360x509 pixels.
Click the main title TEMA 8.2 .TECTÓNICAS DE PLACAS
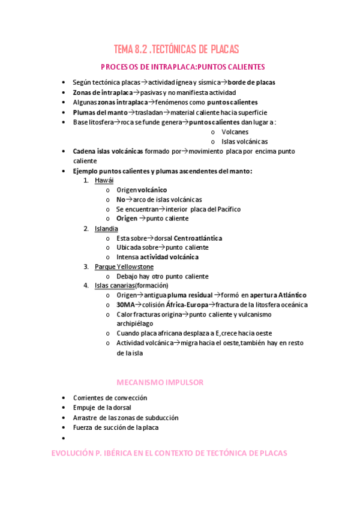pyautogui.click(x=176, y=49)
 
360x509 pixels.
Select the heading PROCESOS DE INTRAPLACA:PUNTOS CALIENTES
pyautogui.click(x=182, y=67)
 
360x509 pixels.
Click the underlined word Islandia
pyautogui.click(x=106, y=228)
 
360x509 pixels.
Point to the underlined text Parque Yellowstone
pyautogui.click(x=124, y=267)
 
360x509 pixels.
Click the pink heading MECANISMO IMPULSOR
pyautogui.click(x=160, y=382)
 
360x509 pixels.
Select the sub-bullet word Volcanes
pyautogui.click(x=235, y=132)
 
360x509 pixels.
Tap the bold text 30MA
pyautogui.click(x=126, y=305)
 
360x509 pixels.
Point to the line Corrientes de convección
pyautogui.click(x=110, y=398)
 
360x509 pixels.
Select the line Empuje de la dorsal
pyautogui.click(x=102, y=408)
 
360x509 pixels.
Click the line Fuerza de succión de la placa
pyautogui.click(x=116, y=427)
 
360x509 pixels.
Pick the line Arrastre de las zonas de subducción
pyautogui.click(x=125, y=417)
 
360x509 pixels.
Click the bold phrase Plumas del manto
pyautogui.click(x=100, y=112)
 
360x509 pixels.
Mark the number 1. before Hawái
pyautogui.click(x=86, y=180)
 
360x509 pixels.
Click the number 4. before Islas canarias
pyautogui.click(x=86, y=286)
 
